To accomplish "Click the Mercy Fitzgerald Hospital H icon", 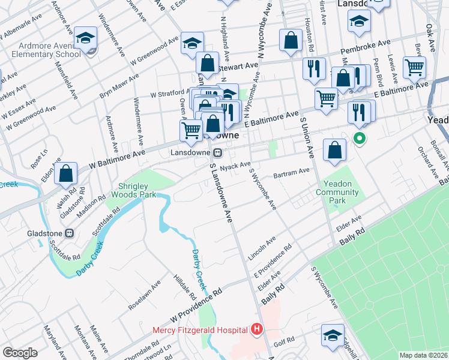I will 257,329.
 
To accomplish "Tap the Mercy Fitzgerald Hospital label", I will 200,329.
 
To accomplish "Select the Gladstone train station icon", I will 70,233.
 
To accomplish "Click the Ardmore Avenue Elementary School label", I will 41,49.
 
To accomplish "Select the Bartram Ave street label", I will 291,170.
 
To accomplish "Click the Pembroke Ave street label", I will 366,47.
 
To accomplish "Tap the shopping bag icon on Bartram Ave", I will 334,151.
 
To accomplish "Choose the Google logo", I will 20,353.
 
